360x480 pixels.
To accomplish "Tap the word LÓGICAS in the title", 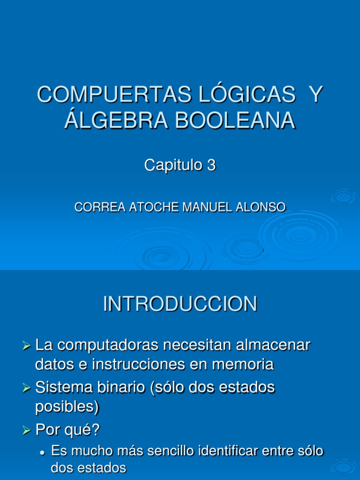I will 241,95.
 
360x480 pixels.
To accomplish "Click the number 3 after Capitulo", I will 211,165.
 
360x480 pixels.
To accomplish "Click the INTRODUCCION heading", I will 180,304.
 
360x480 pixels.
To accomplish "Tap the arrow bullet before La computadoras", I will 26,346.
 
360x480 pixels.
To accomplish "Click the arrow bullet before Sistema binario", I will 26,388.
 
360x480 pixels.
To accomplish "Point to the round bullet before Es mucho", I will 42,453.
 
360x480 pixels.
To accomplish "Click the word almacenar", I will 272,345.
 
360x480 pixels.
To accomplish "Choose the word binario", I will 124,388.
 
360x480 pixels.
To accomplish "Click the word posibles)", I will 67,407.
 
